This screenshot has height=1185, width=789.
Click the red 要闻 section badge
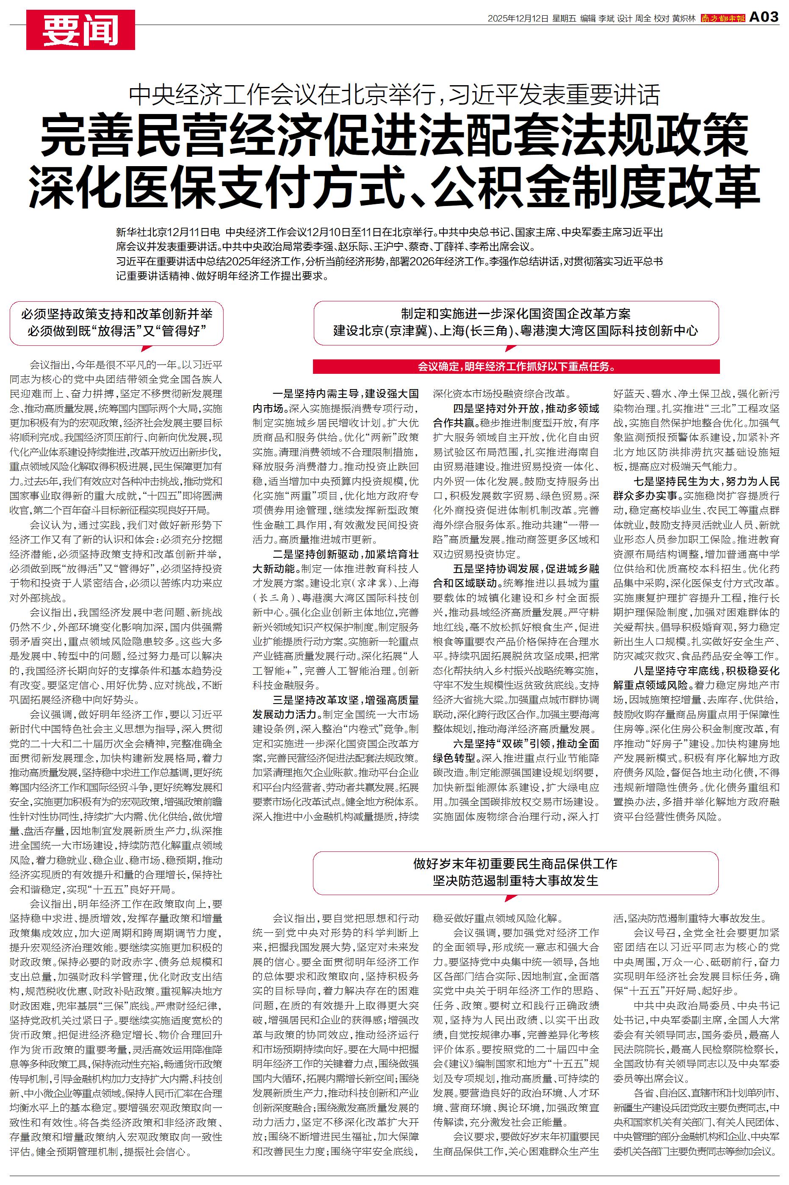(x=80, y=30)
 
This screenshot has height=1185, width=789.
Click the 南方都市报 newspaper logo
(x=723, y=18)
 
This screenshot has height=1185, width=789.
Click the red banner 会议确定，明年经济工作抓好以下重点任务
(x=516, y=366)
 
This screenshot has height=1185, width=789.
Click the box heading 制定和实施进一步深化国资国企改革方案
(x=516, y=314)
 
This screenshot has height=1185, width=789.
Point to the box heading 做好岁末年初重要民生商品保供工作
(x=515, y=864)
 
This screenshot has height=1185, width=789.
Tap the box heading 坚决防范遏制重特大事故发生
(x=515, y=880)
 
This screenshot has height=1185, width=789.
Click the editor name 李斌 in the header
(x=606, y=18)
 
